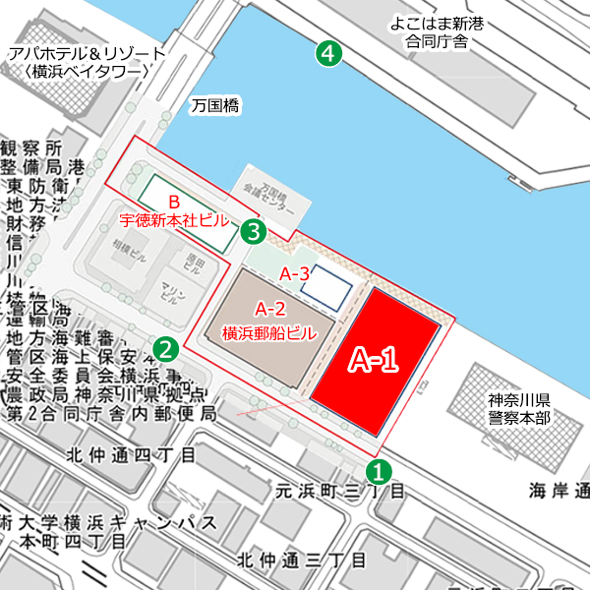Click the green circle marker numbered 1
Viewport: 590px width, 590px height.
pos(377,470)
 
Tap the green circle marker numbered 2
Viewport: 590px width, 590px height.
pos(167,347)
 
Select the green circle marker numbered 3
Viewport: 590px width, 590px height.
pos(254,232)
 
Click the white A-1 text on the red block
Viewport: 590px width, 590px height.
pos(374,361)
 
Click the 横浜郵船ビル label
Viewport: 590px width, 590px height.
pos(269,332)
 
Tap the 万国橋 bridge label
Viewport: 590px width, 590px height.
pos(216,104)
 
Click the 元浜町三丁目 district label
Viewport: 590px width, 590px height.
pos(339,489)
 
